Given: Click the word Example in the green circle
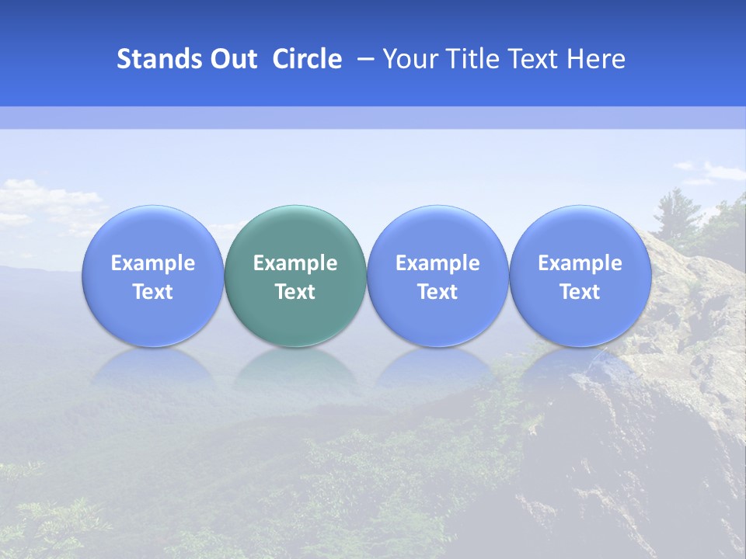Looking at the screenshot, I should (x=295, y=263).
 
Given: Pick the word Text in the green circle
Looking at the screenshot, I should (x=295, y=292).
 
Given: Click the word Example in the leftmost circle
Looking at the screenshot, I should (x=152, y=263).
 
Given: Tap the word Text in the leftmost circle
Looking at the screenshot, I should (x=152, y=292).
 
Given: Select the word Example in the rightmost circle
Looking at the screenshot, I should (x=580, y=263).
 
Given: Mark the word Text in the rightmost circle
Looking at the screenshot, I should (x=580, y=292).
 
